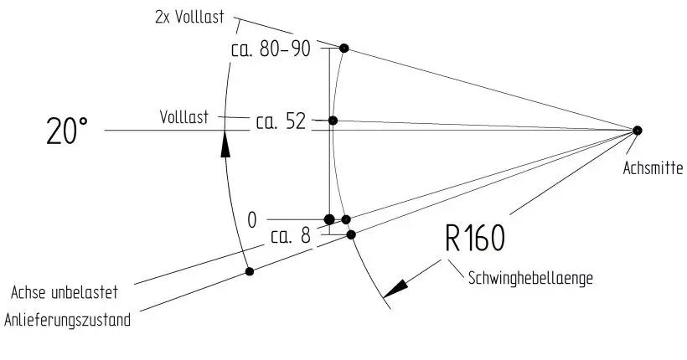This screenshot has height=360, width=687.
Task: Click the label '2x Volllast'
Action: [191, 18]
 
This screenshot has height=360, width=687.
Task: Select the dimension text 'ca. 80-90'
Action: [271, 49]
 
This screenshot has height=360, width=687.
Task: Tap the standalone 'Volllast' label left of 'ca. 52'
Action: [184, 116]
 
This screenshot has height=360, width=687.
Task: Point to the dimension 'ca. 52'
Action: [281, 122]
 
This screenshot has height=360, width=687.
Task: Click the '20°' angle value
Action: [67, 132]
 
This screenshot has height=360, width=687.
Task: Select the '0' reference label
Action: [251, 220]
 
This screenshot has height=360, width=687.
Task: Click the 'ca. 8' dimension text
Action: [291, 237]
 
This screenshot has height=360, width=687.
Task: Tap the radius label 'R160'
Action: [474, 239]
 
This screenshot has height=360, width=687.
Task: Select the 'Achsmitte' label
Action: [653, 168]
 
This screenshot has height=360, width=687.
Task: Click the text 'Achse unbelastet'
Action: [64, 293]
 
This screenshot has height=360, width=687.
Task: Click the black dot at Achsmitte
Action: [637, 130]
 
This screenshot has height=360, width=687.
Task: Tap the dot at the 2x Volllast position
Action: [343, 47]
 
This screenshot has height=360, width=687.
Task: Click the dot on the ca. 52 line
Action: [333, 121]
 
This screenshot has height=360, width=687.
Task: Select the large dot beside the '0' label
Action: [329, 219]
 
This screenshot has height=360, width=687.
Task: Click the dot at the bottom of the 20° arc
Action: [249, 270]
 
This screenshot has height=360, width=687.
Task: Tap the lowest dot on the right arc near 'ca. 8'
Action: [351, 234]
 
